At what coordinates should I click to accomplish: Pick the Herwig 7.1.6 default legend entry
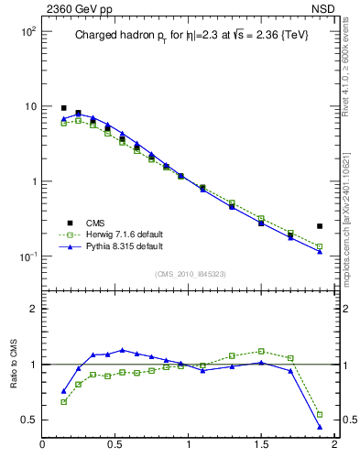(124, 234)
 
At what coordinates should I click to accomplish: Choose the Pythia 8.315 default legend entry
(124, 246)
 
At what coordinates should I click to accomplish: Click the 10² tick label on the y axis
(26, 31)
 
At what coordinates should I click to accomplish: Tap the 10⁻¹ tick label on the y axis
(26, 256)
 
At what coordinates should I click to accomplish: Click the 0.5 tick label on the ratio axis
(27, 420)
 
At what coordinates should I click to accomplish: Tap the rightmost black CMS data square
(320, 225)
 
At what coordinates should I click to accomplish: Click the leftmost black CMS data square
(64, 108)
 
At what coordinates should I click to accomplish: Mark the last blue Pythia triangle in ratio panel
(320, 427)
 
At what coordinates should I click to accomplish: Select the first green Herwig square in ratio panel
(64, 401)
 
